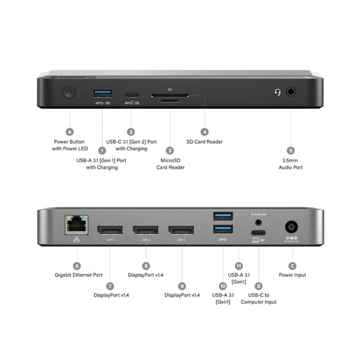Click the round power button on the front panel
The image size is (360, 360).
coord(68,93)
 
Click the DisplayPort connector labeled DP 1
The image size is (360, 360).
coord(109,229)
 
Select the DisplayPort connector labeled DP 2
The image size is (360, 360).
coord(145,229)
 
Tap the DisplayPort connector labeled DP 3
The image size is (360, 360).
coord(181,229)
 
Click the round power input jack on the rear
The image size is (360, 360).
coord(292,228)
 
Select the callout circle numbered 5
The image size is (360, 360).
coord(291,151)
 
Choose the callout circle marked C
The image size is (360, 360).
coord(292,265)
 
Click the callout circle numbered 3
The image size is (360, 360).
coord(170,151)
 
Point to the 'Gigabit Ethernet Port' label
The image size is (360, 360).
coord(78,276)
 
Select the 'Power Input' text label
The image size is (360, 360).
coord(292,276)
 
